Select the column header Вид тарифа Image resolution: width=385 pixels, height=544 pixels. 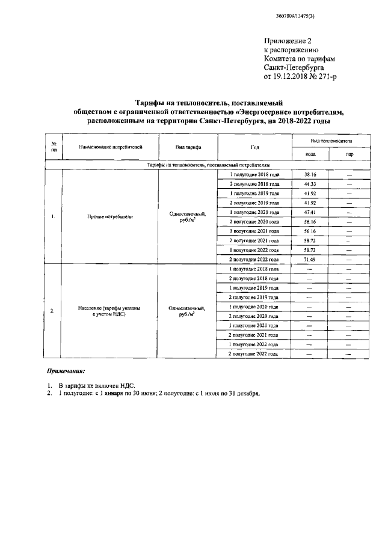pyautogui.click(x=188, y=147)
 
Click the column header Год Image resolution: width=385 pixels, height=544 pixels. pyautogui.click(x=254, y=147)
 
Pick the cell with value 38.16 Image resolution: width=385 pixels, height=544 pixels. pyautogui.click(x=310, y=174)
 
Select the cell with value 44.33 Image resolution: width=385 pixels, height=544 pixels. pyautogui.click(x=310, y=184)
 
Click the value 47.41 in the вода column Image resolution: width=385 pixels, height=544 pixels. pyautogui.click(x=310, y=212)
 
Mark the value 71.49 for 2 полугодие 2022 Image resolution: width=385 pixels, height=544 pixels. pyautogui.click(x=310, y=258)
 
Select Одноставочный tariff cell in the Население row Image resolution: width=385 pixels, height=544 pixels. pyautogui.click(x=188, y=311)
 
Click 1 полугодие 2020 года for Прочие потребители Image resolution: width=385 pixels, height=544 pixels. pyautogui.click(x=254, y=212)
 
